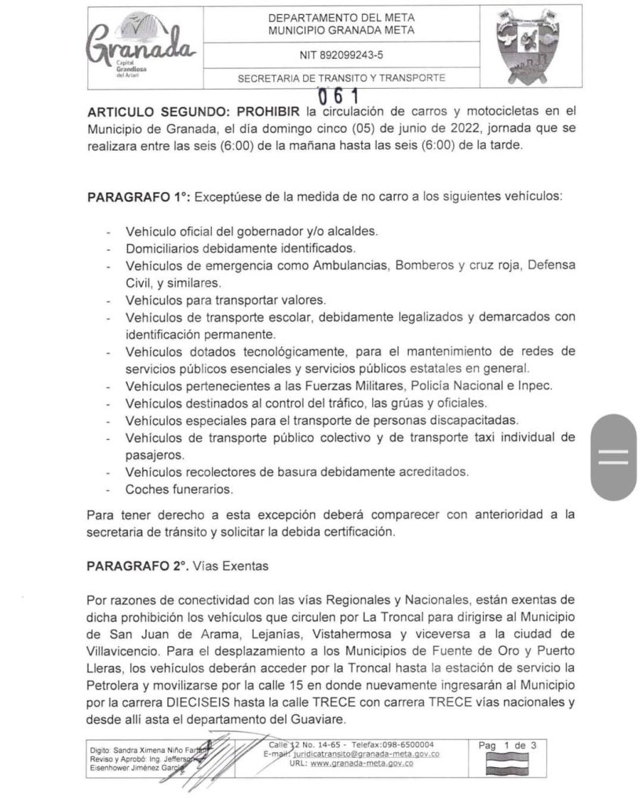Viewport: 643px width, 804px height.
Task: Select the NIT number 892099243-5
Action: [x=342, y=55]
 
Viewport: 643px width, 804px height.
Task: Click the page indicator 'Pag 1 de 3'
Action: [x=507, y=745]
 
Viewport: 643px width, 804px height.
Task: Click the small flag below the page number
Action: [x=506, y=764]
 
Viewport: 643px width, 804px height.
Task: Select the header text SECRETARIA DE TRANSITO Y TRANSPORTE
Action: [x=342, y=78]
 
